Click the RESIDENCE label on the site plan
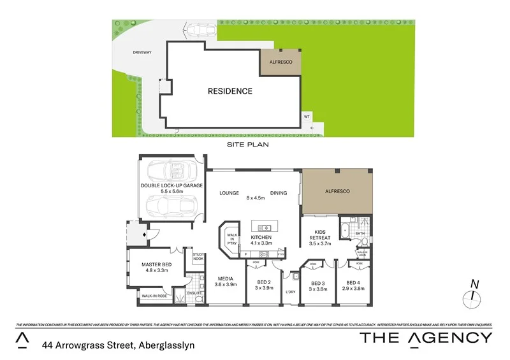tap(229, 91)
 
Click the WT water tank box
tap(307, 117)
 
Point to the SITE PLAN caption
tap(248, 145)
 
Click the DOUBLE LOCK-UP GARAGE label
tap(171, 185)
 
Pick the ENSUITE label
tap(194, 293)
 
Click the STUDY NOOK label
tap(198, 257)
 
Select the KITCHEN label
tap(261, 237)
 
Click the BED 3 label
tap(318, 284)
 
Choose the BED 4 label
tap(354, 284)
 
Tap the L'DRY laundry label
tap(291, 292)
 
